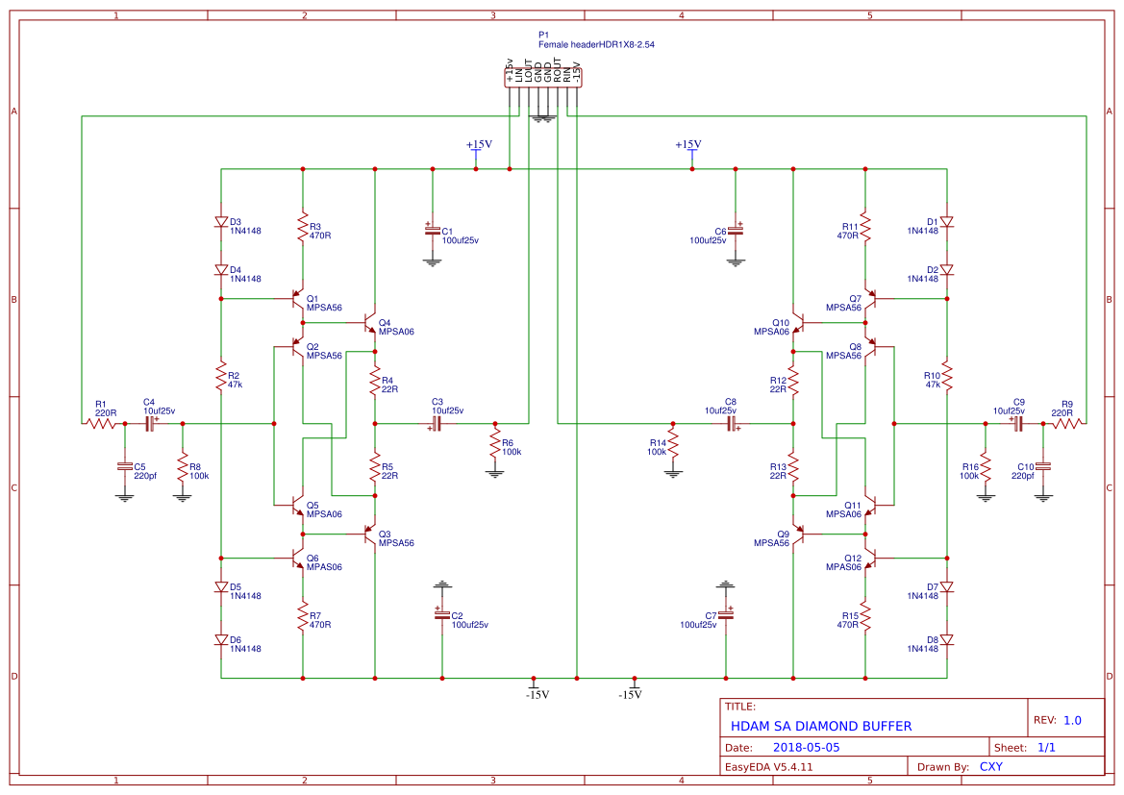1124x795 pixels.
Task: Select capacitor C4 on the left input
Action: click(150, 423)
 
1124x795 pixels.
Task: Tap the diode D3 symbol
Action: click(221, 222)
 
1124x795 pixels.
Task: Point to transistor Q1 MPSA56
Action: click(298, 299)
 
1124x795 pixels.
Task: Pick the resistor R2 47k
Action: click(221, 374)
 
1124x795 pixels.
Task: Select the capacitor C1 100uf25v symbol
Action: click(432, 231)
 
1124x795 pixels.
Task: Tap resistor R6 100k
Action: click(495, 444)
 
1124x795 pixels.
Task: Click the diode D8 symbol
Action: click(947, 639)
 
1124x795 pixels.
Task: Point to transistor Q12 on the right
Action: click(870, 558)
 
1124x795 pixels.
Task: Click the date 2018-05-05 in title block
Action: click(806, 747)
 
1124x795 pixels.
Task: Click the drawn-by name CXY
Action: click(990, 767)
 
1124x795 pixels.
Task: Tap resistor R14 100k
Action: click(673, 444)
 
